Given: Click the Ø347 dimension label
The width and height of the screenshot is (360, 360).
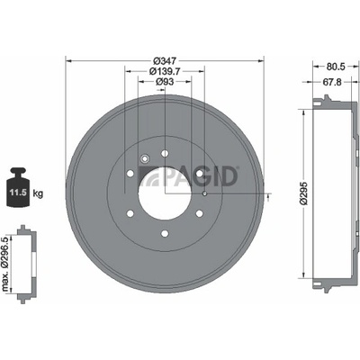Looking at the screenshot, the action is (165, 61).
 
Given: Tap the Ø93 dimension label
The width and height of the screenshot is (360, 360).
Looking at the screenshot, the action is (165, 82).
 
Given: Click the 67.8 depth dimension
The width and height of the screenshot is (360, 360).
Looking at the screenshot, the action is (331, 82).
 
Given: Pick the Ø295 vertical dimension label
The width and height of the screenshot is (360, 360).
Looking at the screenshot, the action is (304, 193).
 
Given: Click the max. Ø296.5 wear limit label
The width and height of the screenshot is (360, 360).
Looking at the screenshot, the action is (5, 264).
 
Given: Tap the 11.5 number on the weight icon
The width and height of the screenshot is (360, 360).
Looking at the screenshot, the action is (18, 193).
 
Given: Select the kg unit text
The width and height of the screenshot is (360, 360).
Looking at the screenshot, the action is (38, 193).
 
